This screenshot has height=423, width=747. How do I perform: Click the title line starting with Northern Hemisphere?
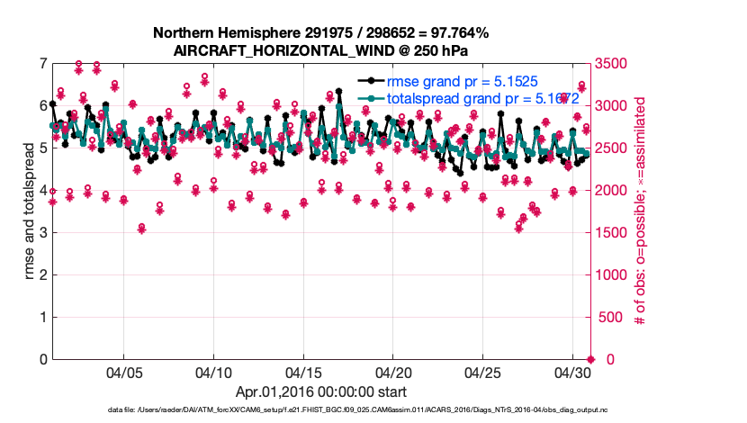pos(320,33)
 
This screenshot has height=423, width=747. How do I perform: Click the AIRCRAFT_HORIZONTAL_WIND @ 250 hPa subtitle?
pos(320,50)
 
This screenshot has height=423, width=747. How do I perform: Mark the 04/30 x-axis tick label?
pos(572,372)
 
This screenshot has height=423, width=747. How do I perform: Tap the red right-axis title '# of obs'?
pos(639,211)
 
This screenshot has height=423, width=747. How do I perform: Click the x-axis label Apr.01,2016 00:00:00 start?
pos(320,391)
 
